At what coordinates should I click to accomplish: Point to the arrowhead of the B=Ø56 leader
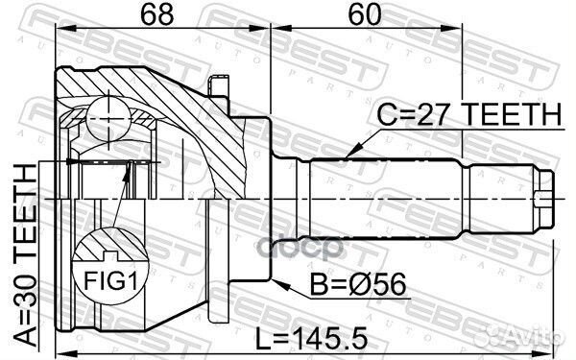click(276, 282)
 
